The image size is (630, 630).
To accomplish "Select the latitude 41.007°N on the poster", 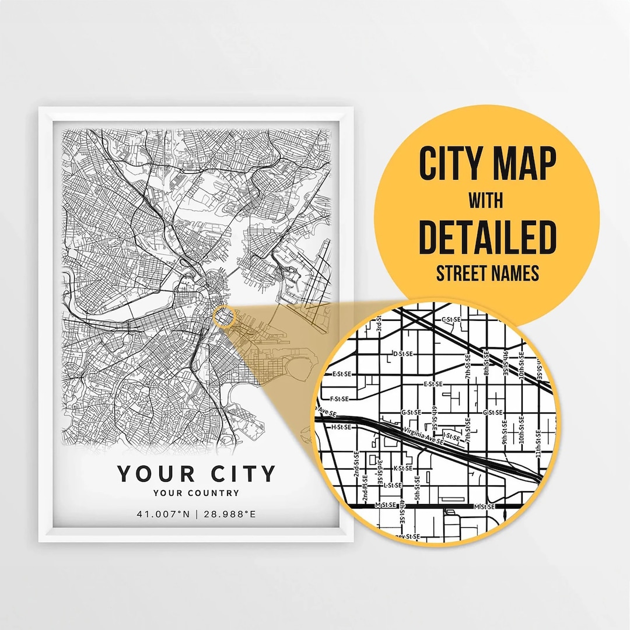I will click(164, 514).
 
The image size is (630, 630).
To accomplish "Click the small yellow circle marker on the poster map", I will click(223, 317).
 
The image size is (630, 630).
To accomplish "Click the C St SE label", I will click(452, 320).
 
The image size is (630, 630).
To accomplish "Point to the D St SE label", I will click(403, 354).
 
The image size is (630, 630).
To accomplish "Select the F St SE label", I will click(339, 399).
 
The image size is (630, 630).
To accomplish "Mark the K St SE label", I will click(403, 468).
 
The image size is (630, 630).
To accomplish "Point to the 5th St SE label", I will click(417, 488).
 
